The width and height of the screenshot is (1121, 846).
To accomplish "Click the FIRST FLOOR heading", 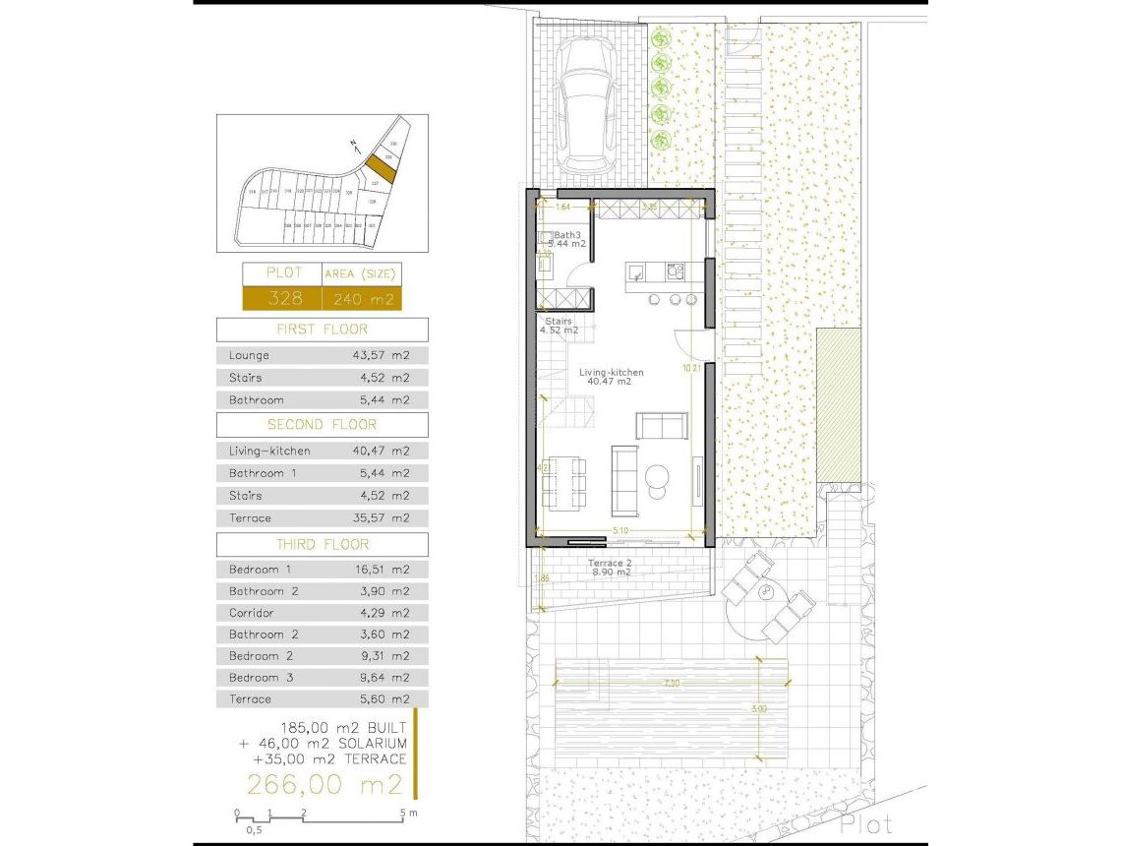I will pos(322,330).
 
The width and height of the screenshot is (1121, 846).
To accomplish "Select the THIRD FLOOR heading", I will pos(322,544).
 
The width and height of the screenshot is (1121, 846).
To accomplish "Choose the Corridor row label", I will pos(251,613).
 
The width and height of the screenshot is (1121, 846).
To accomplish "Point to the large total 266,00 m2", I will pos(324,785).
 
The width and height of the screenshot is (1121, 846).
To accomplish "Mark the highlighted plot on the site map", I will pos(382,168).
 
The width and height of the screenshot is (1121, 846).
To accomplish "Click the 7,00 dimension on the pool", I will pos(672,682).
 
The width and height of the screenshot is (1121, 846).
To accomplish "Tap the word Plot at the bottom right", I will pos(866,824).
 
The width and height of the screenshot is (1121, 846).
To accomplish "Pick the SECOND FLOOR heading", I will pos(322,425).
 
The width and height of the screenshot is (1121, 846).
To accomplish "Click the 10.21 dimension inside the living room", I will pos(690,368).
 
